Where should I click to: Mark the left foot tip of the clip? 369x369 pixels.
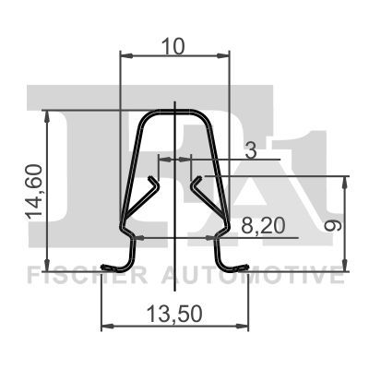[104, 269]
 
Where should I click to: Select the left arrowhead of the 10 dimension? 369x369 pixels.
[126, 56]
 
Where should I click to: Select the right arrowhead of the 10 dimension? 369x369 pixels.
[224, 56]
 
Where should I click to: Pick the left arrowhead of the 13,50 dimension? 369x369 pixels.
[105, 326]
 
